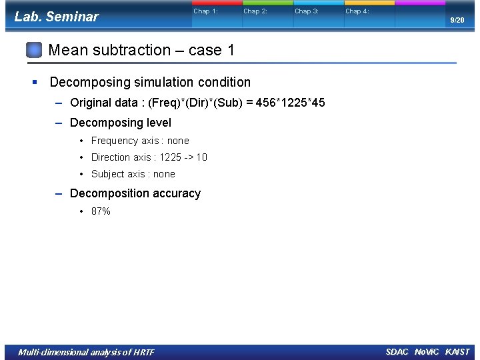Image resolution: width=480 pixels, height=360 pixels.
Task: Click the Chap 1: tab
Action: pos(205,11)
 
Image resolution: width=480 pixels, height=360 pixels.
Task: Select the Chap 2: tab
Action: pos(255,11)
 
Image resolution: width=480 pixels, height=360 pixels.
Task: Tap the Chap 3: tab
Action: pos(307,11)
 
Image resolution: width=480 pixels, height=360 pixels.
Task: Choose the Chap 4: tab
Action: pos(357,11)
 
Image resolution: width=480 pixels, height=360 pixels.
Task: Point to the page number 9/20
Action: pos(457,21)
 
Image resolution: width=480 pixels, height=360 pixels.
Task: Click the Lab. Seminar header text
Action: pos(56,17)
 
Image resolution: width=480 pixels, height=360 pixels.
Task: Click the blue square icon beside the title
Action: pos(35,50)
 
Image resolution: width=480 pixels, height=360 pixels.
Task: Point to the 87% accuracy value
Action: pos(101,211)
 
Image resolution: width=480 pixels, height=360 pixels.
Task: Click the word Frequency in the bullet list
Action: pos(115,141)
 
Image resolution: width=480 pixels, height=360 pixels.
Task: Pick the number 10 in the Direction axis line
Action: pos(201,157)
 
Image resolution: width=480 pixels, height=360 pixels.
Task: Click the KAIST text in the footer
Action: pos(457,352)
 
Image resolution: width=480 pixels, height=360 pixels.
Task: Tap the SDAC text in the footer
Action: pos(397,352)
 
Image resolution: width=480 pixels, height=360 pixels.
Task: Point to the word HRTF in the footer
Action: pos(143,352)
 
